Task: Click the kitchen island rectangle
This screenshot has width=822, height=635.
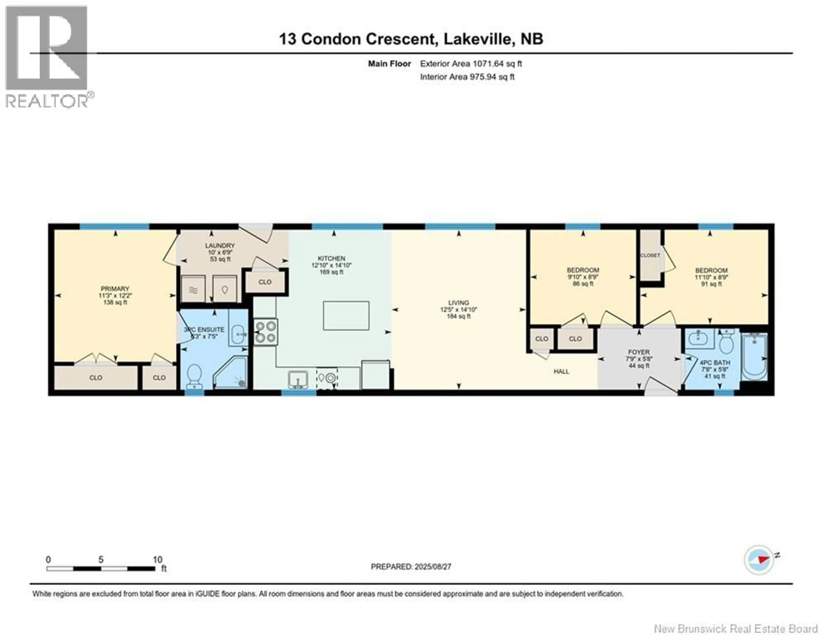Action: [x=346, y=316]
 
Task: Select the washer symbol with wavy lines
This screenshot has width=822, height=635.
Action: [x=193, y=289]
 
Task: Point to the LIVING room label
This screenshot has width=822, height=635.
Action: [x=459, y=303]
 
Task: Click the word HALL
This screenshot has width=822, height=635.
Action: [x=561, y=371]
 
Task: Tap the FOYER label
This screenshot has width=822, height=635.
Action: [x=639, y=352]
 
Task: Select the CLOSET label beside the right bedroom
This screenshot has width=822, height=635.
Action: [x=650, y=255]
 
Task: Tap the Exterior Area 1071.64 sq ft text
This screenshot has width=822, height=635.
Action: [x=471, y=64]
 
